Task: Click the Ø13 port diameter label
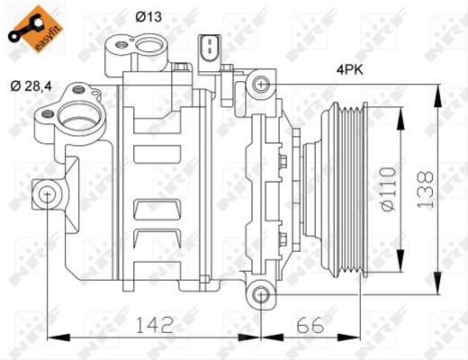(x=148, y=16)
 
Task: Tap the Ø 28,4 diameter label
(x=31, y=86)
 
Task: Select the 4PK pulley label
(x=349, y=70)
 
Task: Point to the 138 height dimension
(x=426, y=189)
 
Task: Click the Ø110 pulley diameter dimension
(x=389, y=189)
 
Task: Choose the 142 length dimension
(x=155, y=325)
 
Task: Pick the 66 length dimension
(x=310, y=325)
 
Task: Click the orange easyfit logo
(x=35, y=29)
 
